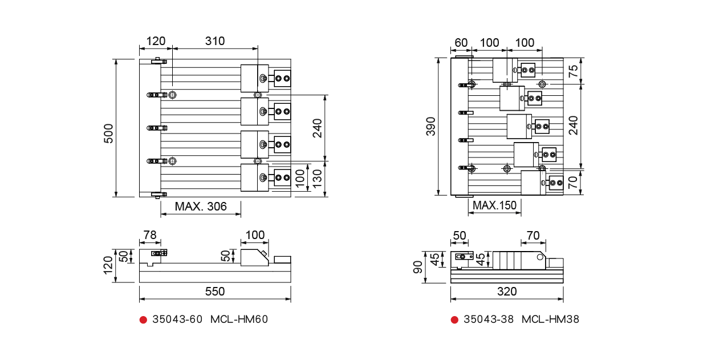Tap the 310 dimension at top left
coord(215,41)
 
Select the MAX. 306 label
coord(201,207)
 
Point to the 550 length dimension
coord(215,292)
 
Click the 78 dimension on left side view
coord(149,235)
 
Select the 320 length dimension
coord(506,292)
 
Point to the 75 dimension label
coord(574,71)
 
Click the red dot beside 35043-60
coord(143,319)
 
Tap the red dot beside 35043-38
coord(454,319)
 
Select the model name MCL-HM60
coord(239,319)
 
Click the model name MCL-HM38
coord(550,319)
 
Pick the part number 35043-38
coord(489,319)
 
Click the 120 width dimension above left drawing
coord(156,41)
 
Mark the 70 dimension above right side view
coord(533,235)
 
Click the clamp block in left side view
coord(254,258)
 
